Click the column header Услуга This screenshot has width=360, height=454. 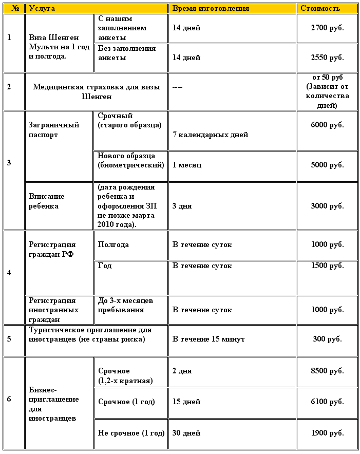42,9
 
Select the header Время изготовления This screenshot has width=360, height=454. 211,9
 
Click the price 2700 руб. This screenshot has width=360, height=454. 327,28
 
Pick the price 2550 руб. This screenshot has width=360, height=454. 327,58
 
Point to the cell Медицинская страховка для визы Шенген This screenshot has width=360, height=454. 97,91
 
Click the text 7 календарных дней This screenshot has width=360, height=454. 210,135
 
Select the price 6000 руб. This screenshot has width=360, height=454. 327,125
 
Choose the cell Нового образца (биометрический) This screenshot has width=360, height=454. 131,160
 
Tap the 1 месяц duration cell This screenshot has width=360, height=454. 187,165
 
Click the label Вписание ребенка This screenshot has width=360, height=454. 47,201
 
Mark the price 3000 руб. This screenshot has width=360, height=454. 327,205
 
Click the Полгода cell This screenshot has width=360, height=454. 113,244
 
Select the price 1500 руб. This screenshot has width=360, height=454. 327,266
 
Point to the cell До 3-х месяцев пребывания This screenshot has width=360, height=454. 125,305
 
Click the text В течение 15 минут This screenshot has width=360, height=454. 209,339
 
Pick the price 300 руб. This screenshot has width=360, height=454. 327,339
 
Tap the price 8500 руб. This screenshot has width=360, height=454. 327,371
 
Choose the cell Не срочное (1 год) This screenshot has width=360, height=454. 131,433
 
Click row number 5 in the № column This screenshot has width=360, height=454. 9,339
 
